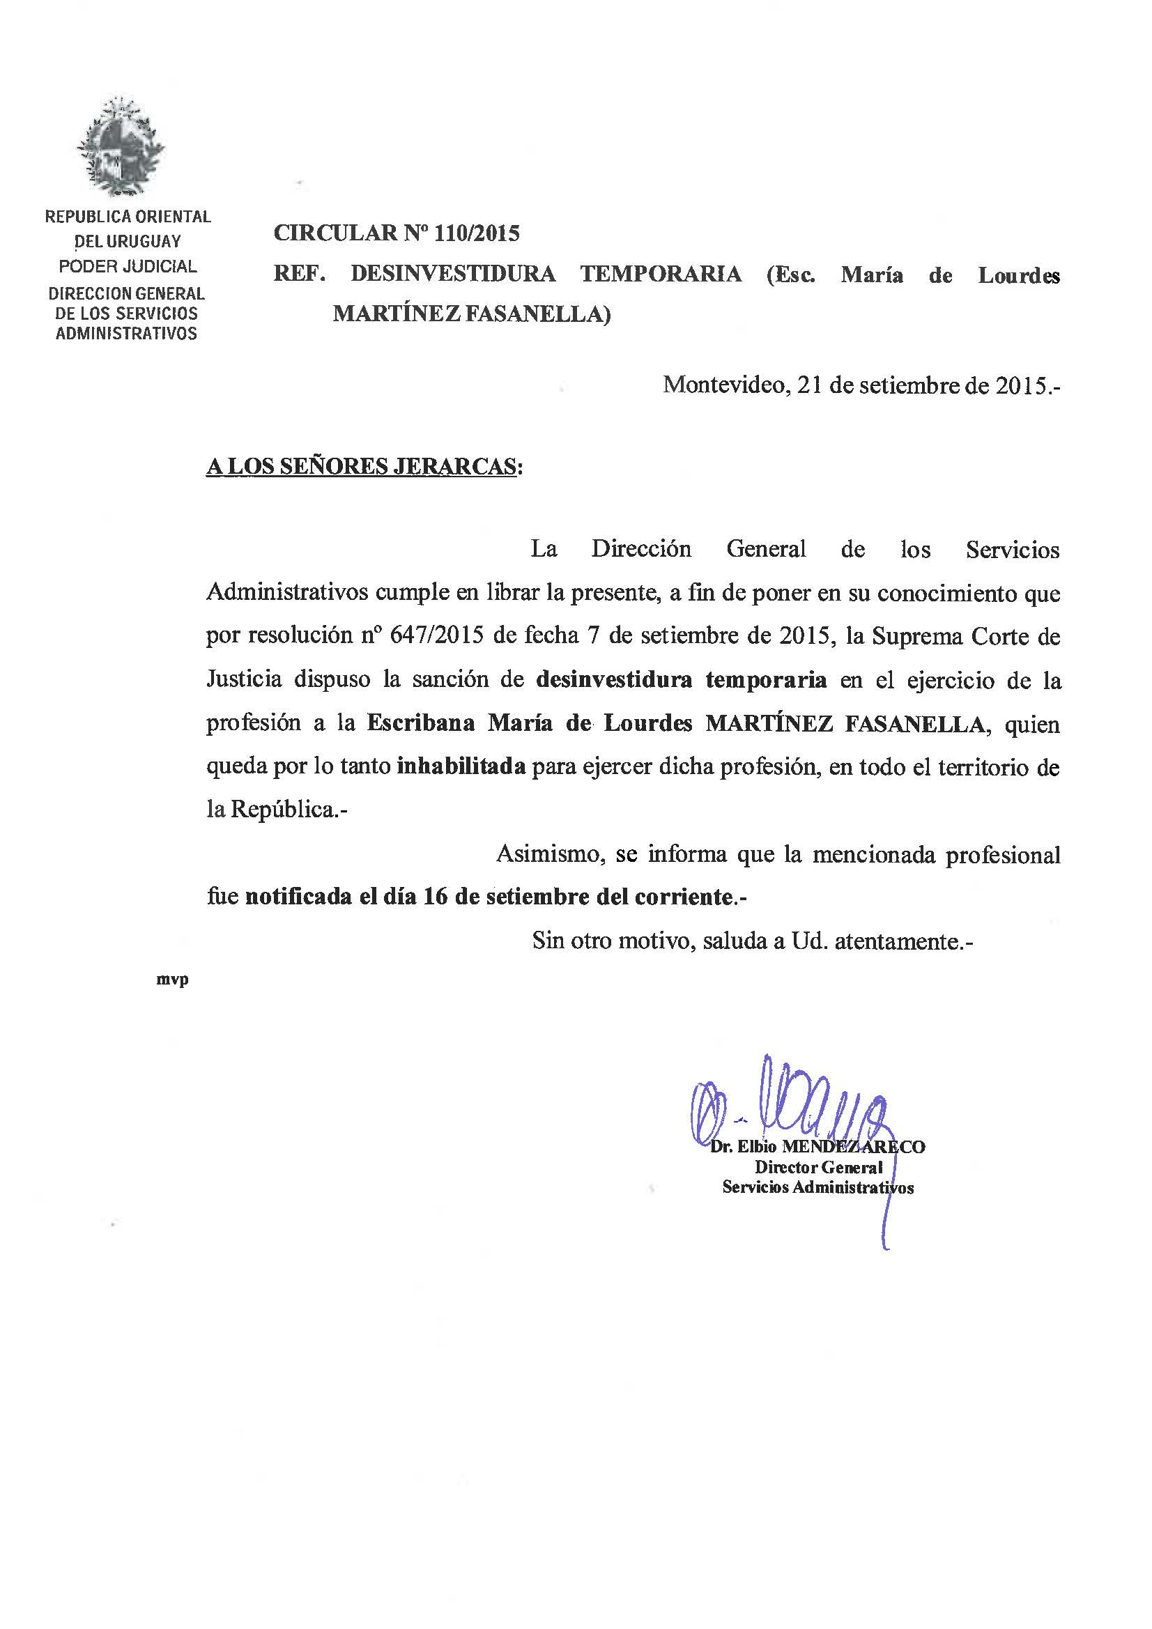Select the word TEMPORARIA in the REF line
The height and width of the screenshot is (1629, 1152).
pyautogui.click(x=661, y=275)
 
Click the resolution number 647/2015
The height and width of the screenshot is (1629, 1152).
pyautogui.click(x=436, y=635)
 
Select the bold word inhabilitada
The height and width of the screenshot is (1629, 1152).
pyautogui.click(x=461, y=767)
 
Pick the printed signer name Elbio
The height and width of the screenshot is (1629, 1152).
pyautogui.click(x=758, y=1148)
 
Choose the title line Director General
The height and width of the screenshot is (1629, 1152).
pyautogui.click(x=817, y=1167)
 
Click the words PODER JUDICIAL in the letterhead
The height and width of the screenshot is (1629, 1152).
pyautogui.click(x=128, y=267)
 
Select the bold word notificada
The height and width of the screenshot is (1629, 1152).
pyautogui.click(x=299, y=897)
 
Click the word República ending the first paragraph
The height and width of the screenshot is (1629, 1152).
pyautogui.click(x=281, y=810)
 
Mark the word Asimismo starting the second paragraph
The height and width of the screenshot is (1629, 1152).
pyautogui.click(x=549, y=854)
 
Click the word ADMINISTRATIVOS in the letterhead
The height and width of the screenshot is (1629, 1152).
pyautogui.click(x=126, y=334)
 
